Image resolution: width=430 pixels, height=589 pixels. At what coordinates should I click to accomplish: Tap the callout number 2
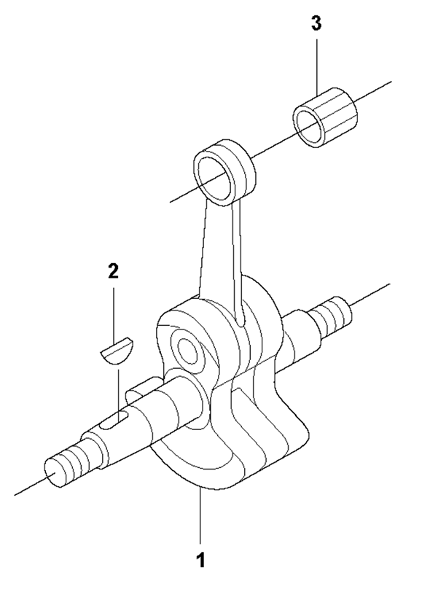[113, 270]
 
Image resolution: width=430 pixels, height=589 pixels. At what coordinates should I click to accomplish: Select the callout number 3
[316, 23]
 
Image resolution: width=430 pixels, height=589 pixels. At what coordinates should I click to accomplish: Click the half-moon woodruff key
[117, 350]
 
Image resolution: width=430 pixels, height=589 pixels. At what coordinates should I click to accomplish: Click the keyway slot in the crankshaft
[117, 419]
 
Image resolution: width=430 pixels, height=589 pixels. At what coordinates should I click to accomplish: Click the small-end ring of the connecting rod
[224, 171]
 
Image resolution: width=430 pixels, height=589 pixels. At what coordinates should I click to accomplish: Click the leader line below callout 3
[316, 66]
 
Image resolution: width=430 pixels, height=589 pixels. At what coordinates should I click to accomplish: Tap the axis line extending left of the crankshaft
[29, 484]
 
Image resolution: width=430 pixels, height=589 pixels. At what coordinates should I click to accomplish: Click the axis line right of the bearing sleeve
[375, 90]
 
